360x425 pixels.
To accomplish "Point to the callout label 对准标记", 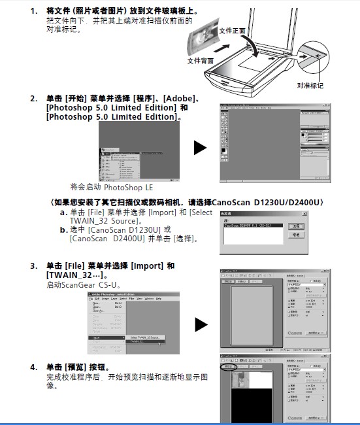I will click(310, 85).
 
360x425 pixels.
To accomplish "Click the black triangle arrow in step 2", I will click(201, 148).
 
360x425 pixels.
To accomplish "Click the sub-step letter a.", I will click(63, 212).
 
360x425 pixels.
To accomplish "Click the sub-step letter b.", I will click(63, 229).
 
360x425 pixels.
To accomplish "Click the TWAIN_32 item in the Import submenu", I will click(138, 341).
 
